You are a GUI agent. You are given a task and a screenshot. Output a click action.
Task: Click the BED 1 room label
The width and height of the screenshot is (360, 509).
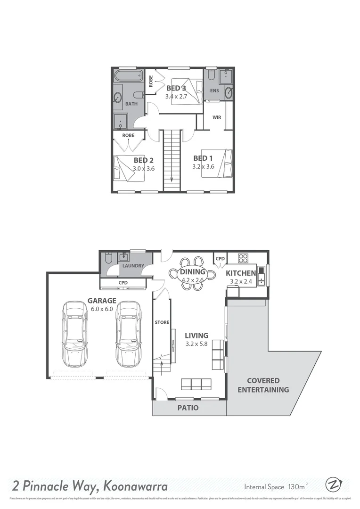(204, 158)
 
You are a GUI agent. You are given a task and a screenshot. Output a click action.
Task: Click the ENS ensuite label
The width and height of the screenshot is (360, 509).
(214, 90)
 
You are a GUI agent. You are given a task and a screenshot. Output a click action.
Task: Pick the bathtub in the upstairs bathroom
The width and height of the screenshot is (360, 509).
(128, 75)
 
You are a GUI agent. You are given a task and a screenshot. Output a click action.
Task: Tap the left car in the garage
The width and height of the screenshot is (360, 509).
(74, 335)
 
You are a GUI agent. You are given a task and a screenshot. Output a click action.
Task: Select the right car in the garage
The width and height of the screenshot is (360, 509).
(129, 335)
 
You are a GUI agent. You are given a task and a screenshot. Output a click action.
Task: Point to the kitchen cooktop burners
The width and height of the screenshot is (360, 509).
(243, 258)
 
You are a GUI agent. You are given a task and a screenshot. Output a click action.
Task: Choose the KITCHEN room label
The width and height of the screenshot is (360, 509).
(241, 273)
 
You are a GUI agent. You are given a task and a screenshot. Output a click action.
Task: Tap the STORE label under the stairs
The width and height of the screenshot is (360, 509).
(162, 322)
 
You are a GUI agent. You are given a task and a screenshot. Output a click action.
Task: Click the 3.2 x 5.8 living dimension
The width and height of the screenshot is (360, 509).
(197, 344)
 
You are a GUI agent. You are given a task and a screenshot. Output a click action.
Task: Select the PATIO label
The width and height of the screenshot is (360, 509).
(188, 408)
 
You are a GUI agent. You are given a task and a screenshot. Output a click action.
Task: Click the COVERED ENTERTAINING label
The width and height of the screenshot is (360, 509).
(263, 385)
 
